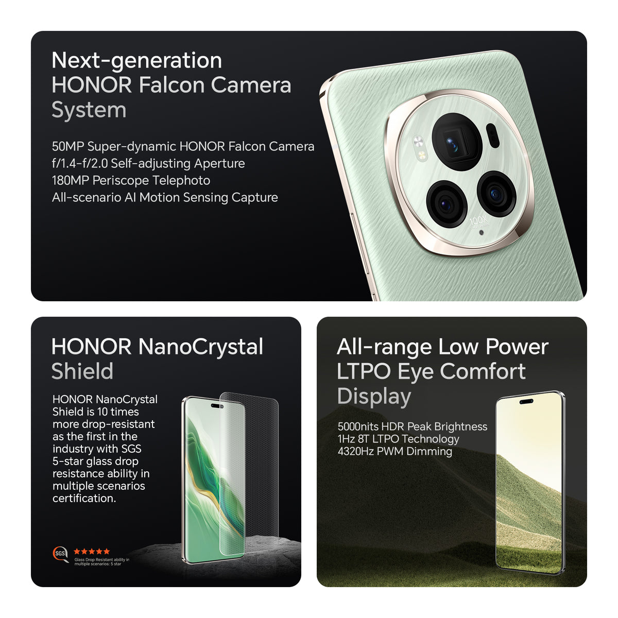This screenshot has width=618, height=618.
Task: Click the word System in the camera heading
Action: [x=89, y=110]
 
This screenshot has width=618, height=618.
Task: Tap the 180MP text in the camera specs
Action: [x=70, y=180]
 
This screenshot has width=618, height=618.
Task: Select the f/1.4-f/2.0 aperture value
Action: [x=79, y=163]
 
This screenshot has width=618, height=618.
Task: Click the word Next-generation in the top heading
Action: [x=136, y=61]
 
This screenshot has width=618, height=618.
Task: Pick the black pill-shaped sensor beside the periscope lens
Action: [x=492, y=135]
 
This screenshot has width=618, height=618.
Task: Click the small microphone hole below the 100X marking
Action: [x=481, y=232]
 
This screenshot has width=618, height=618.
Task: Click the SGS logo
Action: [x=60, y=553]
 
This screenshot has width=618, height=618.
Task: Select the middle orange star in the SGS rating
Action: [x=92, y=551]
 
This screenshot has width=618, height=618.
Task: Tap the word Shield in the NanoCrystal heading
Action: [x=82, y=371]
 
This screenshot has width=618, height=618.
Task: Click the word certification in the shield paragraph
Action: [x=84, y=498]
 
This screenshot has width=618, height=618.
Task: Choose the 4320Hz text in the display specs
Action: [x=356, y=451]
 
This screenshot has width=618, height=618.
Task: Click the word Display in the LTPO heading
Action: [x=374, y=397]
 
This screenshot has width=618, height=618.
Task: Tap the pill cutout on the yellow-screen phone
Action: [x=526, y=402]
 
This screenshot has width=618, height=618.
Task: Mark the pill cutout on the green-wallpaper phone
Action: [x=217, y=406]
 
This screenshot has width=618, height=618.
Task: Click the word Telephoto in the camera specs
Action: [x=181, y=180]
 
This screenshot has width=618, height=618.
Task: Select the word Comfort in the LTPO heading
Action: [x=483, y=371]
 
